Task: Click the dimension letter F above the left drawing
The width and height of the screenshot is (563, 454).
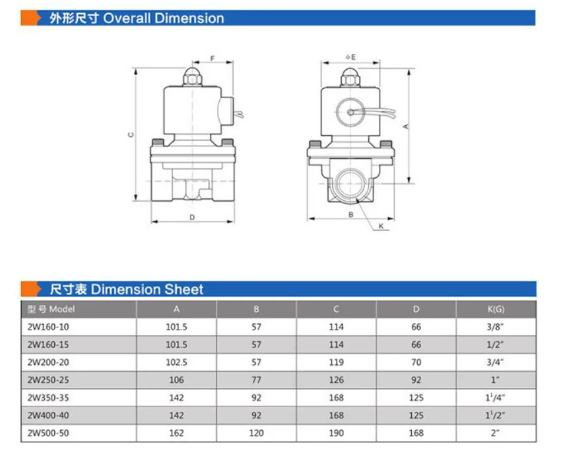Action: coord(213,58)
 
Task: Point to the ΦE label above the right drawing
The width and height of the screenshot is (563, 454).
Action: coord(350,57)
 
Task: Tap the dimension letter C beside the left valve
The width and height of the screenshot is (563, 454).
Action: coord(131,134)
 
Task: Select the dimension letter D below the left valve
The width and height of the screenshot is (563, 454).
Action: coord(192,217)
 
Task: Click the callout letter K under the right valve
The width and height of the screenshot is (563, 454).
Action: coord(381,226)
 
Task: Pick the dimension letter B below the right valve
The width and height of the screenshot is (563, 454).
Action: coord(350,215)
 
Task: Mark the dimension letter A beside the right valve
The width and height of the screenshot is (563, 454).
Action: coord(406,126)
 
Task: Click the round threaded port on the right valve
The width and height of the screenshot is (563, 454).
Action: coord(350,183)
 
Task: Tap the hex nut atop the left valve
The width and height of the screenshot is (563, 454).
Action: coord(193,77)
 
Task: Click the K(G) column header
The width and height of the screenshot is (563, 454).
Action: coord(496,309)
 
